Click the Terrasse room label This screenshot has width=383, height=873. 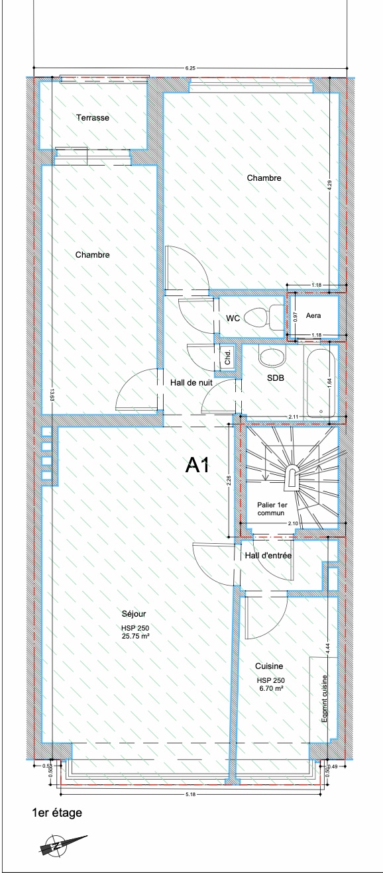(92, 118)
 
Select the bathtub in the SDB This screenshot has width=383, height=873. (320, 380)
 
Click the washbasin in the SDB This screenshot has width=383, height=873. (272, 356)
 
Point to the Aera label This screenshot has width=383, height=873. (313, 316)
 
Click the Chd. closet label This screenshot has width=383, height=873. (228, 356)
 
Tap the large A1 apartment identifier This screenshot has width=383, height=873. (197, 465)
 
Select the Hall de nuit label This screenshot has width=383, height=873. (191, 383)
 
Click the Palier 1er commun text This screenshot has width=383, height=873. (272, 509)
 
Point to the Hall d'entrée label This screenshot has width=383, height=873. (268, 555)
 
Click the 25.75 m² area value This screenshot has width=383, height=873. (136, 636)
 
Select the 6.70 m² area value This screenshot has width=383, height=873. (270, 688)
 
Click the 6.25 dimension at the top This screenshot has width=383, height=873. (190, 68)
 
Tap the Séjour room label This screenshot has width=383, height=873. (134, 614)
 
